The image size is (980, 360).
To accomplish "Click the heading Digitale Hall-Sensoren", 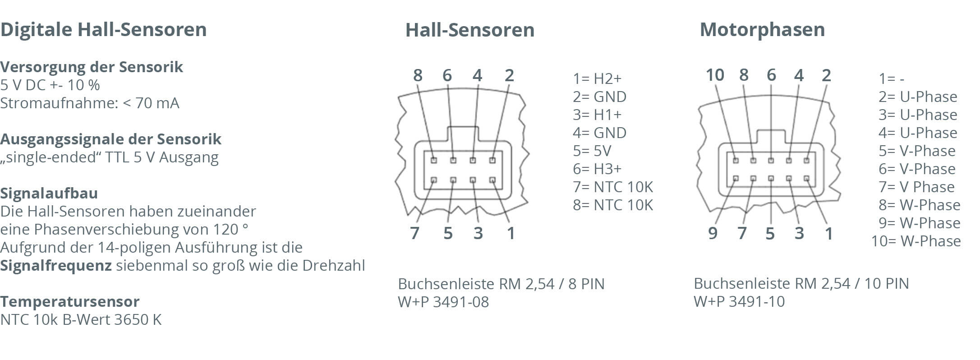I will coord(103,30).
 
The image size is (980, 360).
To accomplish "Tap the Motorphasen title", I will coord(762,30).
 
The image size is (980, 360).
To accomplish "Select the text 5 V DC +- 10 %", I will coord(50,85).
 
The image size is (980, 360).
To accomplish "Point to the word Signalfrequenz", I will coord(56,266).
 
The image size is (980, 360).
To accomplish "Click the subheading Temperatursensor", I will coord(70,301).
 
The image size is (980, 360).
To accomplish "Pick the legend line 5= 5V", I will coord(592,151).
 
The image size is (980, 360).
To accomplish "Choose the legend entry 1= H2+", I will coord(597,79).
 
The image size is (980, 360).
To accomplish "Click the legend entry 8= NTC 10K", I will coord(612,205).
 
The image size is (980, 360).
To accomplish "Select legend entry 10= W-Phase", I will coord(916,241).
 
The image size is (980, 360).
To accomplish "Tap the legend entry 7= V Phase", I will coord(916,187).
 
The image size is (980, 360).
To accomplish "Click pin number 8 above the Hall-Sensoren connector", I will coord(418,75).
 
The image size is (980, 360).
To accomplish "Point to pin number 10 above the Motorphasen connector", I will coord(715,75).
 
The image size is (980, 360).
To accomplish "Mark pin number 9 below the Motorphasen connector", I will coord(713,233).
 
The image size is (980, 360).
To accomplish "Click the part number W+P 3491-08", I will coord(443,302).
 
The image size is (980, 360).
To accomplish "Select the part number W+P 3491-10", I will coord(739,301).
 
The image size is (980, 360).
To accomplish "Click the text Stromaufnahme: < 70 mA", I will coord(89,103).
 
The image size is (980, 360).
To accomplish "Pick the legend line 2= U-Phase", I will coord(917,97).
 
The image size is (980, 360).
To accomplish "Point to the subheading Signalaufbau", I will coord(49,193).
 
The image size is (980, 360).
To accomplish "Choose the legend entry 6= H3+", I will coord(597,169).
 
